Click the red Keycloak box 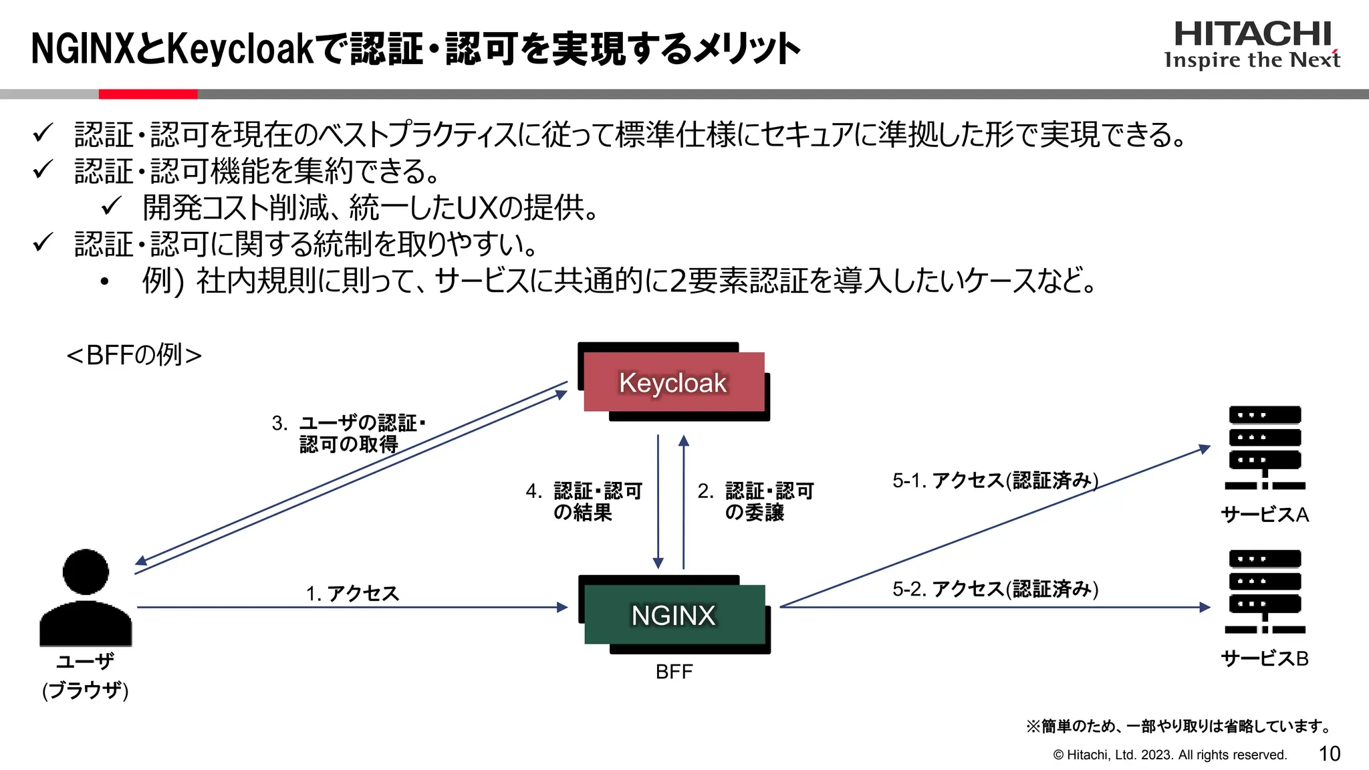(674, 382)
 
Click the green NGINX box (674, 614)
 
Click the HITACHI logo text (1253, 34)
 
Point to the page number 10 (1329, 754)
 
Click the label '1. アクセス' (352, 593)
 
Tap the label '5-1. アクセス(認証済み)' (995, 480)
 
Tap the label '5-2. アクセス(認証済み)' (995, 589)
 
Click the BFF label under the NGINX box (674, 672)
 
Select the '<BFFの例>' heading (134, 355)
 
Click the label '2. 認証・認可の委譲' (755, 501)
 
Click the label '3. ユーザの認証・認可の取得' (348, 433)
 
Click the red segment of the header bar (148, 94)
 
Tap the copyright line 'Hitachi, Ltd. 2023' (1170, 755)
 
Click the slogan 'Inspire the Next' (1251, 60)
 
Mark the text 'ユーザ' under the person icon (85, 661)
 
